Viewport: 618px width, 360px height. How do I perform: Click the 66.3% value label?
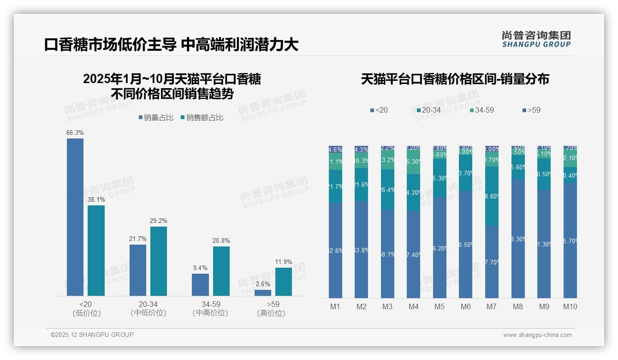[75, 132]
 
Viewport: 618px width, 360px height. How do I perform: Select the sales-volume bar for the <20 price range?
[75, 217]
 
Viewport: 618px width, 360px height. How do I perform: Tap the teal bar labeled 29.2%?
[159, 261]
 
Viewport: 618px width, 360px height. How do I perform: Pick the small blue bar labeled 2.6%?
[263, 293]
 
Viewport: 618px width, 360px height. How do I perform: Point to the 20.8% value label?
[221, 240]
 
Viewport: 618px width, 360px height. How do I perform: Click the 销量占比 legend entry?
[155, 118]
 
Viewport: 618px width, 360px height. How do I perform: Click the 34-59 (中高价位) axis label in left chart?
[210, 308]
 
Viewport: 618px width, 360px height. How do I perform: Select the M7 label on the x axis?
[492, 306]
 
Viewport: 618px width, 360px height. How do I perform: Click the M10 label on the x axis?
[570, 306]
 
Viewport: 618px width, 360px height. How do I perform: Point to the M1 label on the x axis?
[335, 306]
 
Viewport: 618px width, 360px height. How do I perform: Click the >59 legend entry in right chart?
[531, 110]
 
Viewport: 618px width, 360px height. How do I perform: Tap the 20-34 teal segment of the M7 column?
[492, 196]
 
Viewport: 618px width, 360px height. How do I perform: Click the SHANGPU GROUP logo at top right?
[536, 39]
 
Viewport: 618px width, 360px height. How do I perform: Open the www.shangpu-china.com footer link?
[537, 335]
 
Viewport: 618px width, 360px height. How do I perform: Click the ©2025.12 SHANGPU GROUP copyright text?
[92, 335]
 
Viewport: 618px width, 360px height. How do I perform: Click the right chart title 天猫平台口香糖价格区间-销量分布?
[455, 79]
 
